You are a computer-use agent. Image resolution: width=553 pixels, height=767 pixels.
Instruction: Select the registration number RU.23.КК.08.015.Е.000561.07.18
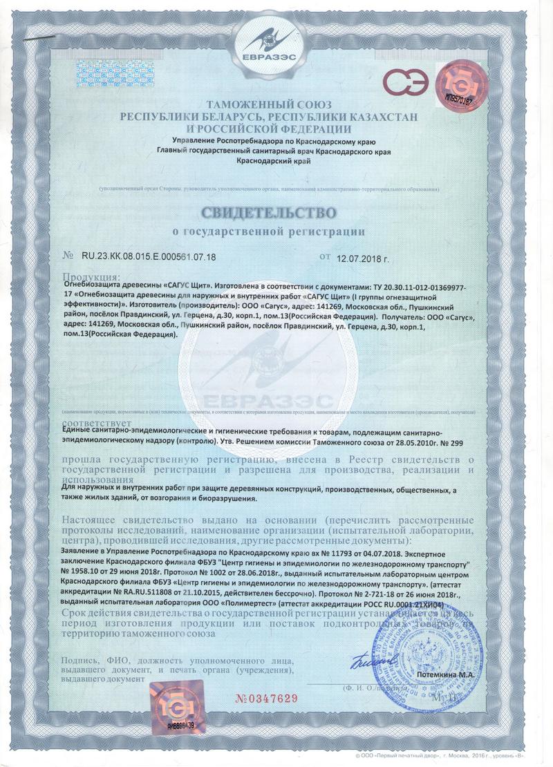[x=149, y=257]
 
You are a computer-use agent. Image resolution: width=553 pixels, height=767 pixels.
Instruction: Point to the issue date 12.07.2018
[x=363, y=258]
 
